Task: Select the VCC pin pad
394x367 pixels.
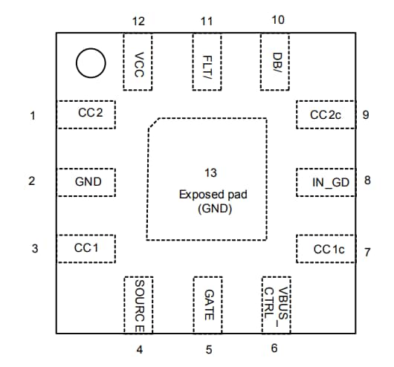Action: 138,62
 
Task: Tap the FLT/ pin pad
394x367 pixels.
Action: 207,62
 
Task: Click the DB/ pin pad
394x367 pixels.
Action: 277,62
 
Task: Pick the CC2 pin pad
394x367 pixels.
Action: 86,114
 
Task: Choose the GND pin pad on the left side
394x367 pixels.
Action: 86,181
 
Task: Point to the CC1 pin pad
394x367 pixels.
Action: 86,248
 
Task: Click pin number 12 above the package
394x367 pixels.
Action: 138,21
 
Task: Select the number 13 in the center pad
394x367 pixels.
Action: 210,173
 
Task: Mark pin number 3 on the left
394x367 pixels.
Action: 32,248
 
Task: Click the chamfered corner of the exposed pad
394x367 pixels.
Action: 152,123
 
